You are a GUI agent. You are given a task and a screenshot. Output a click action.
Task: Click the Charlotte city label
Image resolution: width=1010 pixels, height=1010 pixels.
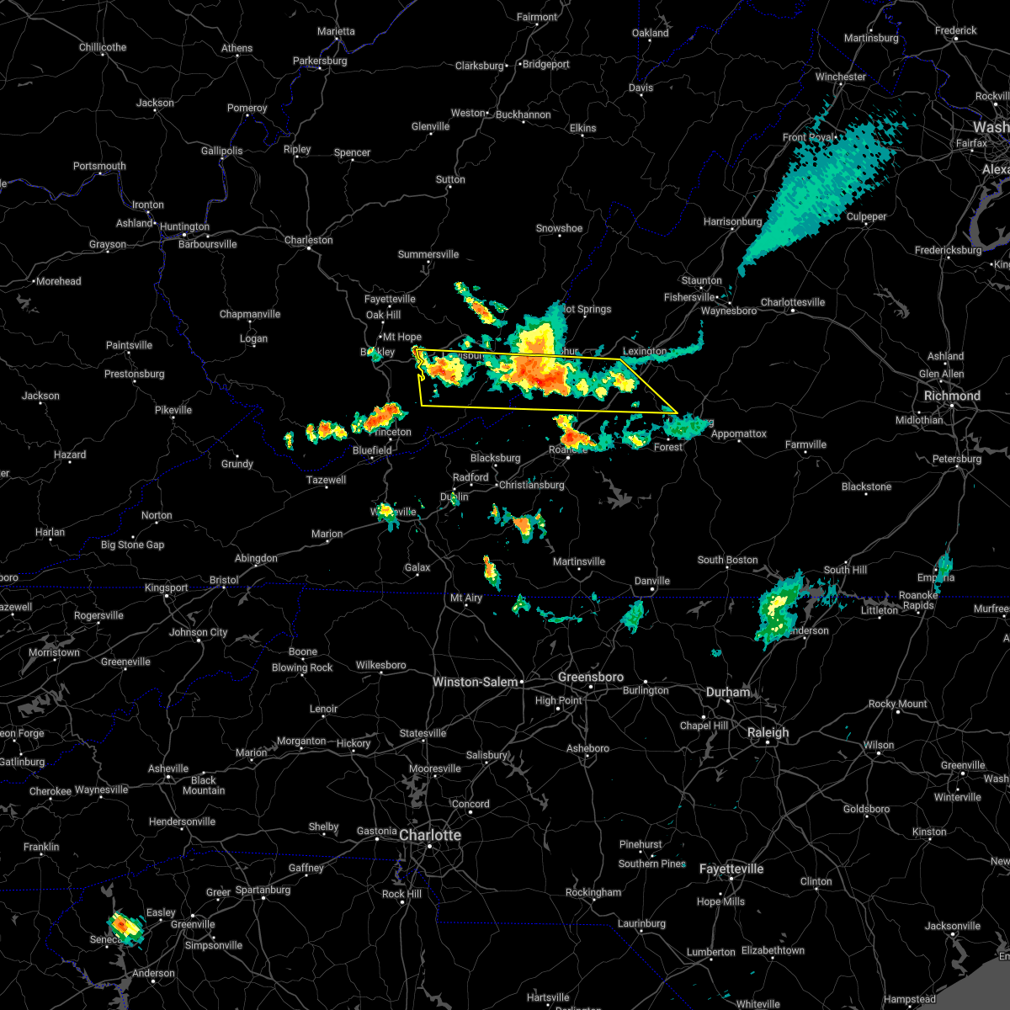pyautogui.click(x=430, y=835)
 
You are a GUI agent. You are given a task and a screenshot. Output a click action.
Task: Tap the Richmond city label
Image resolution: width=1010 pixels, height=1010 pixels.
pyautogui.click(x=952, y=396)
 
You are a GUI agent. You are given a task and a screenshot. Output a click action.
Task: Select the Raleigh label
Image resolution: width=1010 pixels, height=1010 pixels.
pyautogui.click(x=768, y=732)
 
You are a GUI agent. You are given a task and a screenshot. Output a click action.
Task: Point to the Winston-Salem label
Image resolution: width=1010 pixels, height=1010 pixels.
pyautogui.click(x=475, y=682)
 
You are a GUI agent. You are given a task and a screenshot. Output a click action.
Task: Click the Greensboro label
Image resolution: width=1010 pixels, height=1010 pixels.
pyautogui.click(x=591, y=677)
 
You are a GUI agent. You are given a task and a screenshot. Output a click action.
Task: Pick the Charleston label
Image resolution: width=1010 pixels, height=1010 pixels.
pyautogui.click(x=308, y=240)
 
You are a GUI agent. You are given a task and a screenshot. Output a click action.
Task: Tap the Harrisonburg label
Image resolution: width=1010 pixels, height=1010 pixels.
pyautogui.click(x=732, y=221)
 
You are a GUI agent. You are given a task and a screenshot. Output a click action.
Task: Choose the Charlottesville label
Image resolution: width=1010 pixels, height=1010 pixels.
pyautogui.click(x=793, y=302)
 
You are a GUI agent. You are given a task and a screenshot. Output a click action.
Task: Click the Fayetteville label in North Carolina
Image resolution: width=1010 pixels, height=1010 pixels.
pyautogui.click(x=731, y=869)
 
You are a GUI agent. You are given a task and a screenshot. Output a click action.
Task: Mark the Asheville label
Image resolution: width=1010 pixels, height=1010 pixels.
pyautogui.click(x=168, y=768)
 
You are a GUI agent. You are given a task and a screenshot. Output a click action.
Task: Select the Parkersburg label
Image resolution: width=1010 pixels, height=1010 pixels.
pyautogui.click(x=320, y=61)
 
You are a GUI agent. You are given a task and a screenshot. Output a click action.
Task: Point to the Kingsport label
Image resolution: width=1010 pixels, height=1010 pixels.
pyautogui.click(x=167, y=587)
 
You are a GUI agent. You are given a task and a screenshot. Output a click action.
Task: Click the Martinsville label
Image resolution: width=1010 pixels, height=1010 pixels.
pyautogui.click(x=579, y=561)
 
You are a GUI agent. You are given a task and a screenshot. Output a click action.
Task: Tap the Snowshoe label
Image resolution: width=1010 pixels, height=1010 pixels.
pyautogui.click(x=559, y=228)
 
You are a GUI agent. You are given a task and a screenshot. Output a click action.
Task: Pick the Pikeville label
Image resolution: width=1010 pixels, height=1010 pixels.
pyautogui.click(x=173, y=410)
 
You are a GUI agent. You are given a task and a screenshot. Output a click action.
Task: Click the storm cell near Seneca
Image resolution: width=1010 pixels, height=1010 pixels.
pyautogui.click(x=126, y=926)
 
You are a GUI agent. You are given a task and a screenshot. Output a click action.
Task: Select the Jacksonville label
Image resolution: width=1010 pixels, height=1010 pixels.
pyautogui.click(x=953, y=926)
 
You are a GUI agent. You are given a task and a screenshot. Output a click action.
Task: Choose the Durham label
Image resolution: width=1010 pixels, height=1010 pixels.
pyautogui.click(x=728, y=692)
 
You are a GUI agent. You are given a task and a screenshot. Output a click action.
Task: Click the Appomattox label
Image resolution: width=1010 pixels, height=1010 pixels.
pyautogui.click(x=739, y=433)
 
